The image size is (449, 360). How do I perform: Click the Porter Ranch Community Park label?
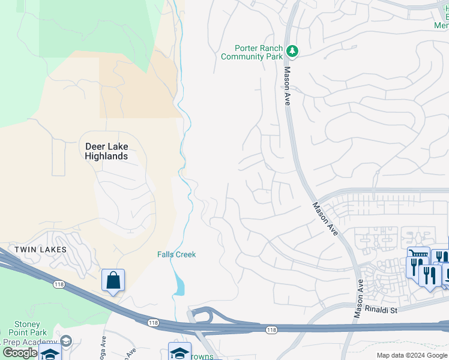pyautogui.click(x=252, y=53)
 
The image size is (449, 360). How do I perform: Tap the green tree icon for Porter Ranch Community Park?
pyautogui.click(x=292, y=52)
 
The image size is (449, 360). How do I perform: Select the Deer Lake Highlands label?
pyautogui.click(x=106, y=151)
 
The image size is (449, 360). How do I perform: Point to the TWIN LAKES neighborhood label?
pyautogui.click(x=40, y=249)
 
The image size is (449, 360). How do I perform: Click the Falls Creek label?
pyautogui.click(x=176, y=254)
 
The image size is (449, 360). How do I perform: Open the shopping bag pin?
pyautogui.click(x=113, y=280)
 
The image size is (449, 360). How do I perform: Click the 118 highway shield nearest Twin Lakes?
pyautogui.click(x=58, y=284)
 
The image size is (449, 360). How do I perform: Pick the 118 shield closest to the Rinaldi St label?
pyautogui.click(x=271, y=329)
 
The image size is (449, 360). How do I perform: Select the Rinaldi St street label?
pyautogui.click(x=376, y=310)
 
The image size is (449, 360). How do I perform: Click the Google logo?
pyautogui.click(x=20, y=353)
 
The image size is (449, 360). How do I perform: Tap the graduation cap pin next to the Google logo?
pyautogui.click(x=50, y=354)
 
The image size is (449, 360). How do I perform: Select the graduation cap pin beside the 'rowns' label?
pyautogui.click(x=179, y=352)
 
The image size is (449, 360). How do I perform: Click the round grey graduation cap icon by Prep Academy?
pyautogui.click(x=66, y=341)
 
